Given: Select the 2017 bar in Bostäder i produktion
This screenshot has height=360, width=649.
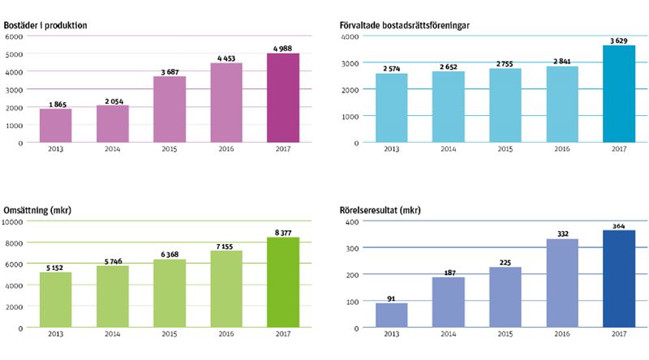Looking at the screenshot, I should [x=283, y=98].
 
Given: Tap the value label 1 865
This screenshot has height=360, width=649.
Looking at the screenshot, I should [x=56, y=104].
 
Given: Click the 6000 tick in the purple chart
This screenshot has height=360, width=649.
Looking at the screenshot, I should [x=13, y=36].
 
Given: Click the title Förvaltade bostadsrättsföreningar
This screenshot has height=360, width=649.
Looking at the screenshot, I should [x=405, y=26].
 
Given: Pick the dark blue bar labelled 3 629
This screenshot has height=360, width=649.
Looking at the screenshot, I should [x=619, y=94].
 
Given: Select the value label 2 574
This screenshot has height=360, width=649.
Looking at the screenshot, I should [x=391, y=68].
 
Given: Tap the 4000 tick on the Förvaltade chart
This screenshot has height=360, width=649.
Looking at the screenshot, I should [x=350, y=37].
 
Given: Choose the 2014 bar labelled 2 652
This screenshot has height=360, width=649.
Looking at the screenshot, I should [x=449, y=107].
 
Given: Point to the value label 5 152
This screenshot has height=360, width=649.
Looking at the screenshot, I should [x=56, y=267].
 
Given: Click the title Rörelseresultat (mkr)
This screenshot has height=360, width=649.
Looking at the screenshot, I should [x=380, y=211].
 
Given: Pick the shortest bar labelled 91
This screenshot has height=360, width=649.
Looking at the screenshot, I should [x=392, y=315].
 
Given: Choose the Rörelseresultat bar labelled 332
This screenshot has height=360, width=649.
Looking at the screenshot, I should [x=562, y=284].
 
